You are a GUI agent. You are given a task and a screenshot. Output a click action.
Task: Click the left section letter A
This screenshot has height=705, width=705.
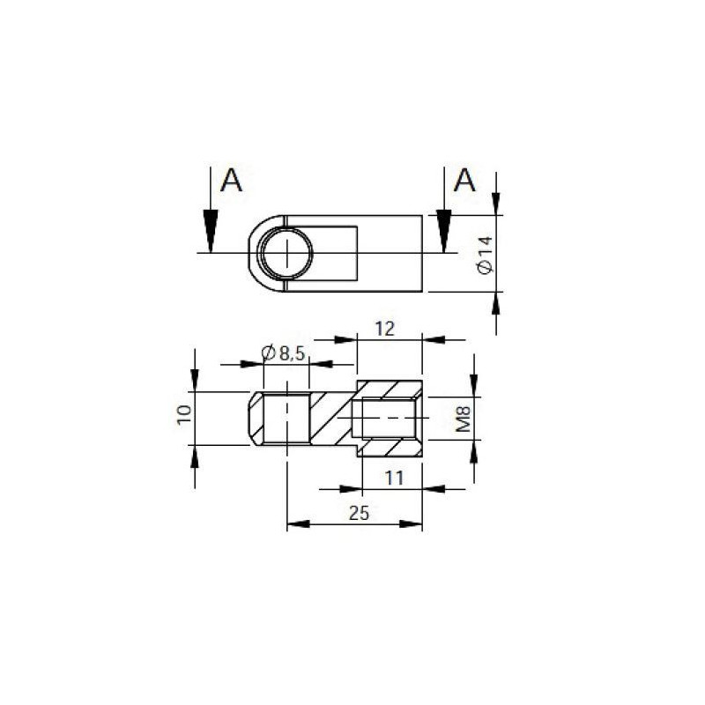231,181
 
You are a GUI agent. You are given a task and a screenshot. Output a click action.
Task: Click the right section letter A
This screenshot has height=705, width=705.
464,181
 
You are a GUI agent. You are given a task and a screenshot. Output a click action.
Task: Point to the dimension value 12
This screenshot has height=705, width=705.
385,329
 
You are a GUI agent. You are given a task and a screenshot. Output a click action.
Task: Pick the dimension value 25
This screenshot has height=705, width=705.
358,513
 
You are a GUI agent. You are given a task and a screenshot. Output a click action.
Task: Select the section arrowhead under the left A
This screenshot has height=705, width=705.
210,231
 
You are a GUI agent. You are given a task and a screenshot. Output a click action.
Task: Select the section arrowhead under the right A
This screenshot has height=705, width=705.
444,231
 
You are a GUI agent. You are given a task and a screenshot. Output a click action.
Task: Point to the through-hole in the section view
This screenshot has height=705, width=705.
287,419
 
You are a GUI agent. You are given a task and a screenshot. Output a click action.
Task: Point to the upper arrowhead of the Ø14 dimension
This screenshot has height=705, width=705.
496,204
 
